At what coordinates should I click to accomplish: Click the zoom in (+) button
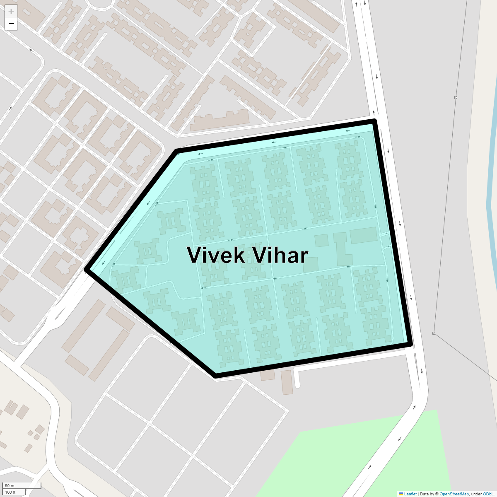[x=11, y=11]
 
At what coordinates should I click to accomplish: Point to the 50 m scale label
[x=10, y=485]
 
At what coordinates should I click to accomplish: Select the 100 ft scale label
[x=11, y=492]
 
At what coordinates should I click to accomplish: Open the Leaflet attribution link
[x=410, y=494]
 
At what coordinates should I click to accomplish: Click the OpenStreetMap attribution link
[x=454, y=494]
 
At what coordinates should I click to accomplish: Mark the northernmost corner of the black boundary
[x=374, y=121]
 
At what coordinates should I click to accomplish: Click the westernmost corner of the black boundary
[x=87, y=270]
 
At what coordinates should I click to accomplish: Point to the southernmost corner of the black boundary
[x=216, y=376]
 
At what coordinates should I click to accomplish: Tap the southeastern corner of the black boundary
[x=410, y=344]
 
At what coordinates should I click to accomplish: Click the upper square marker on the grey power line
[x=456, y=97]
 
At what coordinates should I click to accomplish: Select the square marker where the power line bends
[x=434, y=333]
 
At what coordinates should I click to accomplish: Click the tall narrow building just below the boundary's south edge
[x=287, y=382]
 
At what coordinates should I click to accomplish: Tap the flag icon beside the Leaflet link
[x=400, y=494]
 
